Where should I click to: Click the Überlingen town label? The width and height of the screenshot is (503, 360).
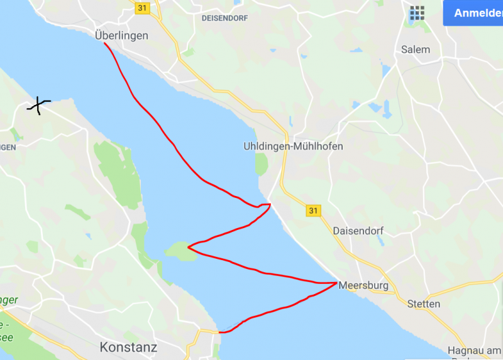tap(121, 36)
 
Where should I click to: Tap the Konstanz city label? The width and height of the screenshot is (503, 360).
tap(128, 347)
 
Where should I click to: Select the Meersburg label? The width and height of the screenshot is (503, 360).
tap(363, 285)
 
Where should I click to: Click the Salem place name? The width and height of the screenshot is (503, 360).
tap(416, 49)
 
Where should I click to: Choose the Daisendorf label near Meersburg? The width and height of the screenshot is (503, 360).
tap(358, 230)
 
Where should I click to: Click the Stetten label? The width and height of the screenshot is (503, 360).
tap(424, 304)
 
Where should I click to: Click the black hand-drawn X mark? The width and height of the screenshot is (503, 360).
tap(39, 106)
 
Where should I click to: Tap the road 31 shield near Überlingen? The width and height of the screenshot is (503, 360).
tap(141, 7)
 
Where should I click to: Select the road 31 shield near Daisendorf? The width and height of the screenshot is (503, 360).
tap(313, 210)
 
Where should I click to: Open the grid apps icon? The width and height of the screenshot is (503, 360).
tap(417, 13)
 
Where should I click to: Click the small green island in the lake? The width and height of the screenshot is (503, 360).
tap(179, 251)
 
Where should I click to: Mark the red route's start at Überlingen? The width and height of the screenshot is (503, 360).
tap(104, 44)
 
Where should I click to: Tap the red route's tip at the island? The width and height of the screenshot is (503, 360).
tap(188, 248)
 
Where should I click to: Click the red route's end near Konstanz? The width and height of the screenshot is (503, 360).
tap(220, 332)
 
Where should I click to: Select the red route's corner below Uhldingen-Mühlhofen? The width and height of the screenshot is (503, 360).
tap(270, 204)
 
